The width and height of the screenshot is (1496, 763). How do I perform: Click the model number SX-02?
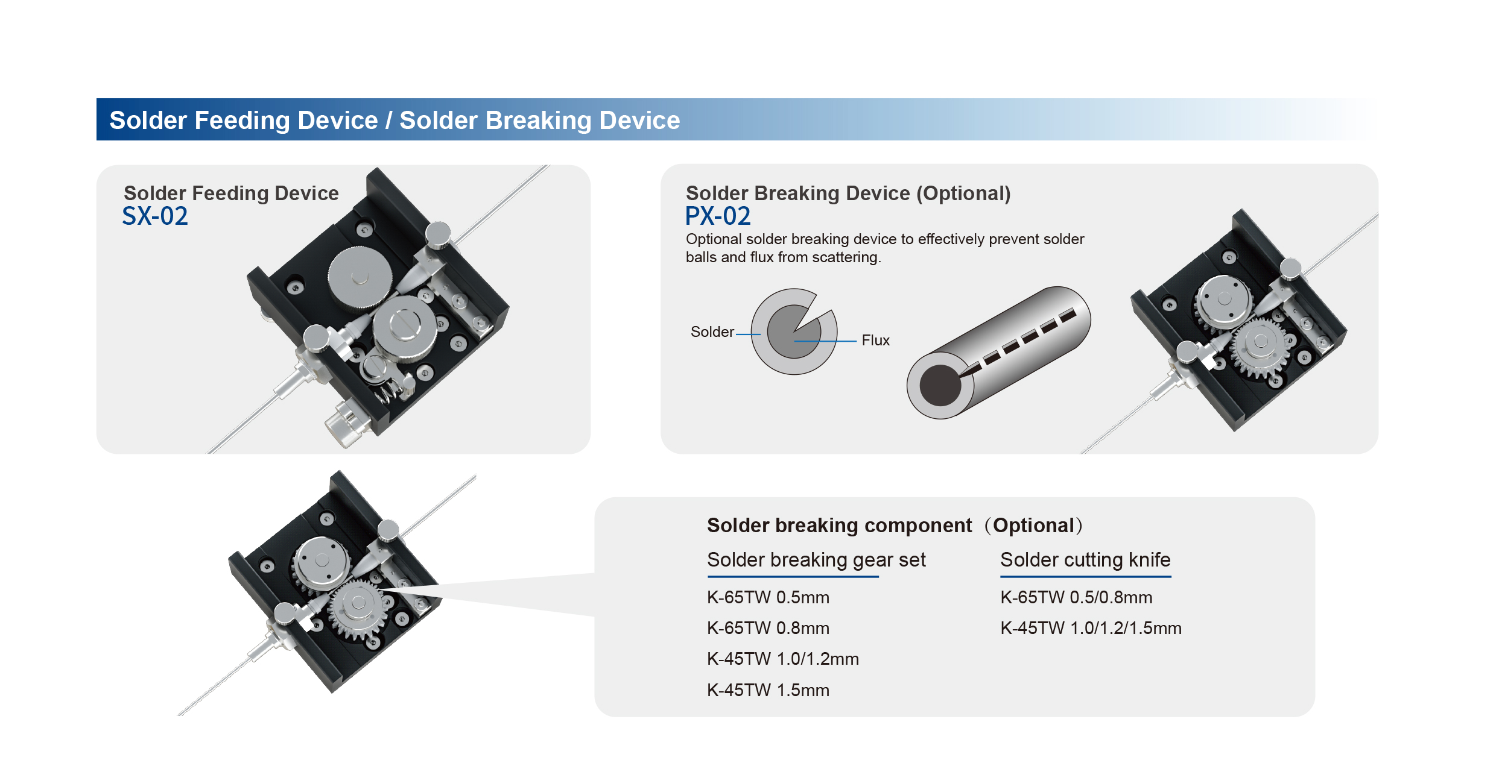(x=155, y=216)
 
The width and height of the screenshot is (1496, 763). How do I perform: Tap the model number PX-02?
(x=718, y=216)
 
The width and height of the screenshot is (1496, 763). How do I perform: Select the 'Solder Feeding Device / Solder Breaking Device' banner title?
(x=395, y=121)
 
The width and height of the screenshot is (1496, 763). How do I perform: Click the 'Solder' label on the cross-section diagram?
(x=712, y=332)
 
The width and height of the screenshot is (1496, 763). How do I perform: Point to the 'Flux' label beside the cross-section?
(x=875, y=341)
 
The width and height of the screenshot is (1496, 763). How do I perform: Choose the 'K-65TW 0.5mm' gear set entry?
(x=768, y=597)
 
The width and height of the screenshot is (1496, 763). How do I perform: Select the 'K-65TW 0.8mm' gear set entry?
(x=768, y=628)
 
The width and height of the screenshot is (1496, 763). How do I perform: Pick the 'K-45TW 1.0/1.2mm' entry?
(x=782, y=659)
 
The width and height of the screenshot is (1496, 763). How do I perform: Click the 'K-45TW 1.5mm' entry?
(x=768, y=690)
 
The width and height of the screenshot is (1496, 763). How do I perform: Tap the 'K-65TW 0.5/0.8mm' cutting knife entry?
(x=1076, y=597)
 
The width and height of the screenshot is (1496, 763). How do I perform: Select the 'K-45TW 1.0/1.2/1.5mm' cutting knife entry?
(x=1091, y=628)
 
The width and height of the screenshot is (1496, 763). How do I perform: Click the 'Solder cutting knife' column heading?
(x=1085, y=560)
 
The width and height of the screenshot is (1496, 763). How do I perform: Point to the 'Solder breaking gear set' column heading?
(x=816, y=560)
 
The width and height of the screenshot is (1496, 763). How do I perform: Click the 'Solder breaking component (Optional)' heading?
(x=895, y=526)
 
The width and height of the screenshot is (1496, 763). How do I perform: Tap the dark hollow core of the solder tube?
(x=940, y=386)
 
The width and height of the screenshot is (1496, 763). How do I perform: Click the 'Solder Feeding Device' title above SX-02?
(x=231, y=193)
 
